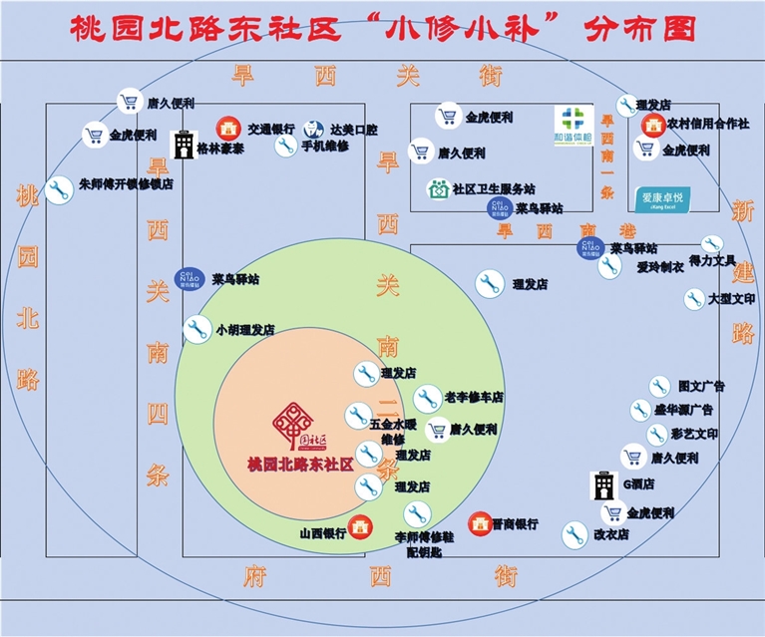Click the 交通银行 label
[270, 129]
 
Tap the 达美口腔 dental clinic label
[354, 129]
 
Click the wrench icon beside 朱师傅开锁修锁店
[59, 189]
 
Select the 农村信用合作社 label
[707, 124]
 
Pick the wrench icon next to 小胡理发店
[196, 328]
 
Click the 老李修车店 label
[473, 397]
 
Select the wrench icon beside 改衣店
[574, 534]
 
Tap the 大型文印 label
[731, 298]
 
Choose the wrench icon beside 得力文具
[711, 245]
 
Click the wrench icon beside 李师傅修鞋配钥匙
[417, 514]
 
